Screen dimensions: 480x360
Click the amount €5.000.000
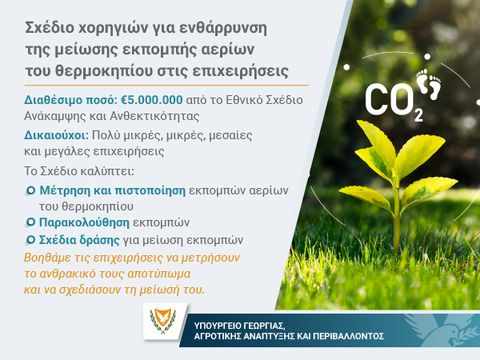click(x=151, y=100)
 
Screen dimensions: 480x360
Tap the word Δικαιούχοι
click(x=56, y=135)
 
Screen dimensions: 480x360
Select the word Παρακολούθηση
click(x=84, y=222)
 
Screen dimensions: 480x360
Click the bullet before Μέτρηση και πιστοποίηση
click(x=30, y=190)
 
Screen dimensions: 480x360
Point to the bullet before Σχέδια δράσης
click(x=30, y=240)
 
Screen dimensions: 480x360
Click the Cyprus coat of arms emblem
click(x=163, y=321)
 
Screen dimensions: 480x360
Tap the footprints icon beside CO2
click(x=429, y=84)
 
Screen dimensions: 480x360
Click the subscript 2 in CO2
click(x=418, y=115)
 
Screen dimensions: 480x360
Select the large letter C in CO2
click(x=376, y=99)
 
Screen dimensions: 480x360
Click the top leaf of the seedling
click(x=377, y=139)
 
